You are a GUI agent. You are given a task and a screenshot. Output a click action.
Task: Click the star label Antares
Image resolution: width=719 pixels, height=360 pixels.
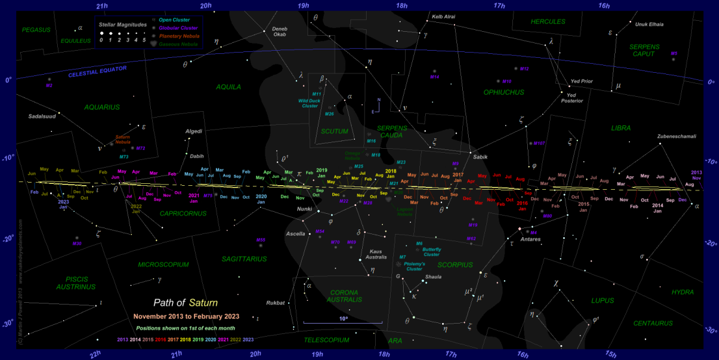(x=530, y=238)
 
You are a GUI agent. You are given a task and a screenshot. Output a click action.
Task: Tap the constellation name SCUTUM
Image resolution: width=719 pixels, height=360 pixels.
(x=335, y=131)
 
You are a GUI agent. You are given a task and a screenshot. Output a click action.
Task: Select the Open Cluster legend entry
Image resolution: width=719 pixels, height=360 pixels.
(x=174, y=20)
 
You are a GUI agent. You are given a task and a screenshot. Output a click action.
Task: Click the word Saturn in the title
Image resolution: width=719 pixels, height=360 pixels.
(x=203, y=303)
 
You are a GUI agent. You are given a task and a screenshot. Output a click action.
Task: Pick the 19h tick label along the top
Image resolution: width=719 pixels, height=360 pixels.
(x=303, y=5)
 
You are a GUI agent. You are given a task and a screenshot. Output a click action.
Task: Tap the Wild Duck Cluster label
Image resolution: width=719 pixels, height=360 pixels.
(x=308, y=103)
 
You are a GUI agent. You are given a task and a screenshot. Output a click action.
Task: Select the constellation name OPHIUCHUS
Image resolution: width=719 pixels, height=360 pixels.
(x=503, y=92)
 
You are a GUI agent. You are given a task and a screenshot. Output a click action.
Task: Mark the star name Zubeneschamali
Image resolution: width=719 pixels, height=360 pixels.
(x=659, y=137)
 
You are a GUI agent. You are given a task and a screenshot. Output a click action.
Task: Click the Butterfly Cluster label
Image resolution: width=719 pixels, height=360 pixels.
(x=431, y=252)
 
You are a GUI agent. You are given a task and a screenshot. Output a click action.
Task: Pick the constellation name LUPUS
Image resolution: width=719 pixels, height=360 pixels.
(x=602, y=300)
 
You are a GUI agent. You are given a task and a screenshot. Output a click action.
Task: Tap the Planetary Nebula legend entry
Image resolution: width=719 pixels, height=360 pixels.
(x=179, y=36)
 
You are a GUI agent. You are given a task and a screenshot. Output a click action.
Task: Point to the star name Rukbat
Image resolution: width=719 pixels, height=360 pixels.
(x=276, y=303)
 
